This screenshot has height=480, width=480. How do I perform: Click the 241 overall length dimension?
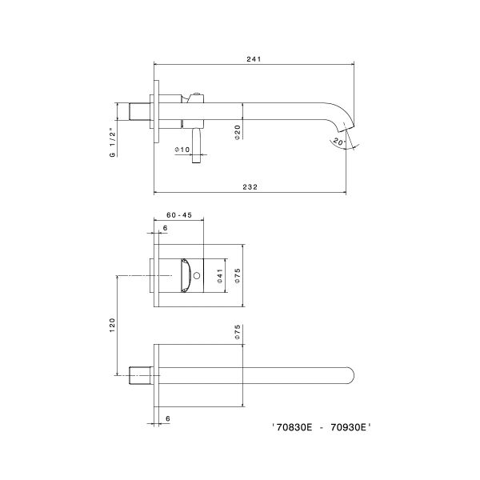coord(255,58)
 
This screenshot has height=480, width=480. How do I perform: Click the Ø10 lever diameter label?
coord(182,150)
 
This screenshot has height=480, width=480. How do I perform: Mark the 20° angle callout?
coord(338,142)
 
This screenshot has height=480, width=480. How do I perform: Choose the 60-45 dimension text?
coord(178,215)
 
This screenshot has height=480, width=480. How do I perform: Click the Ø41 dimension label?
coord(218,275)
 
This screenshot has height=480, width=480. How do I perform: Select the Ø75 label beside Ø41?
coord(237,275)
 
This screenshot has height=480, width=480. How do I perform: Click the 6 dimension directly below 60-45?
coord(166,228)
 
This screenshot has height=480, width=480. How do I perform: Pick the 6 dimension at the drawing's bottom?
coord(166,418)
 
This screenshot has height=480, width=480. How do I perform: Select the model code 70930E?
coord(349,428)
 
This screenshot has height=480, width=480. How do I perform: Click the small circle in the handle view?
coord(197,276)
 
